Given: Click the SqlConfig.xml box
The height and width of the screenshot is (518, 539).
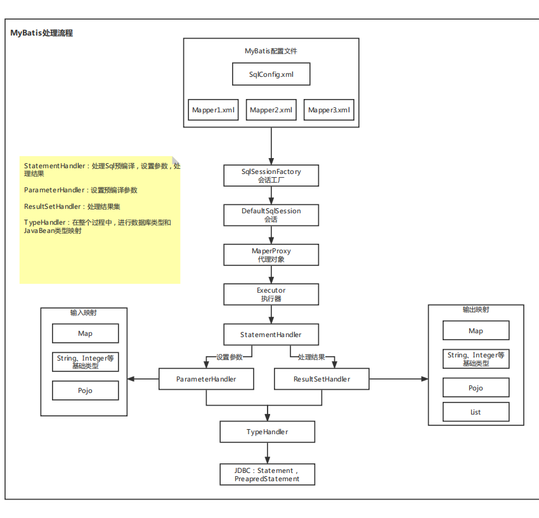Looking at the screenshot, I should (271, 74).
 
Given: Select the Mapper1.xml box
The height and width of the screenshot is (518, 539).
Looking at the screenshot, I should (214, 110).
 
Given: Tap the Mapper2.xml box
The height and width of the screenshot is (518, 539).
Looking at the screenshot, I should (271, 110).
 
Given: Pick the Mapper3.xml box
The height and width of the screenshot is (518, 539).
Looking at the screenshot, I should (329, 110).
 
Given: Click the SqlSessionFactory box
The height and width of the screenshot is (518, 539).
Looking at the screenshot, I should (271, 176).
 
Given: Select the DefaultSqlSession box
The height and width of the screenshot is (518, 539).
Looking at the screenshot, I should (271, 215).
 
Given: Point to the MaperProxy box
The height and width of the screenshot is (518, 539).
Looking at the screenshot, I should (271, 255).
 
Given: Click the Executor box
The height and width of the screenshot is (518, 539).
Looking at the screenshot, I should (271, 294).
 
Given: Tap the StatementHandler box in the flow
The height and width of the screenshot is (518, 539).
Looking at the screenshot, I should (271, 335).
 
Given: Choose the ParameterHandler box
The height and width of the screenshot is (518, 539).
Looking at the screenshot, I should (206, 379).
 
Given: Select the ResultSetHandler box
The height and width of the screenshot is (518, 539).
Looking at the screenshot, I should (321, 379).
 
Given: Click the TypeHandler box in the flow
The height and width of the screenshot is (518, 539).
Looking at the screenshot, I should (267, 432).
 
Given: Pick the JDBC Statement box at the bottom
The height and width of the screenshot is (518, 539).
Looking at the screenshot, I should (267, 475).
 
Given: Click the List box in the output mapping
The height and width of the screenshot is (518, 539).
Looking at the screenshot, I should (476, 412).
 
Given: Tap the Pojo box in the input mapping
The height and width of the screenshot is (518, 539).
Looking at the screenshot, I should (85, 390).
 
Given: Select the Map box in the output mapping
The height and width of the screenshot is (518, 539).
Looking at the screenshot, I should (476, 331).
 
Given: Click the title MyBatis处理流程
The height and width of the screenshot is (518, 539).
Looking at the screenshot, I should (42, 33).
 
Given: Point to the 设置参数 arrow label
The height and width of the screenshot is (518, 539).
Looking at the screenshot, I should (230, 357).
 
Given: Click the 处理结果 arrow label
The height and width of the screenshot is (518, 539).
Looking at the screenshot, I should (311, 357).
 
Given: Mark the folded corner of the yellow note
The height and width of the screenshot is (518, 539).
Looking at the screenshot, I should (176, 161).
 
